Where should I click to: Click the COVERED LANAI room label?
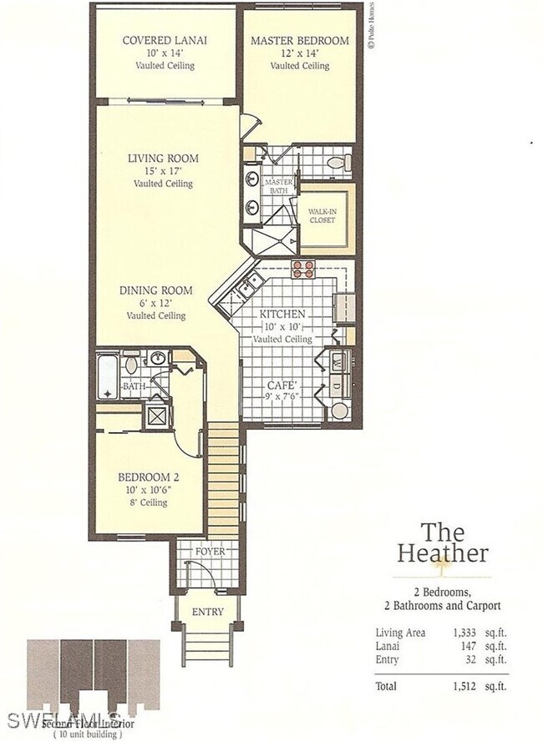click(x=165, y=40)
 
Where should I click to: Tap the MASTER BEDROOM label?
click(x=299, y=40)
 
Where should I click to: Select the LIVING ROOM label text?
click(x=163, y=159)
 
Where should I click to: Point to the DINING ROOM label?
click(x=155, y=290)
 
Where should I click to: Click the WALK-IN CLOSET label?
click(x=322, y=216)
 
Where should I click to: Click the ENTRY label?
click(x=206, y=612)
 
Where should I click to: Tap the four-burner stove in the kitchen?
click(x=302, y=269)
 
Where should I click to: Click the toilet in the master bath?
click(x=336, y=162)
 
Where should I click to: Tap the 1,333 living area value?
click(x=464, y=633)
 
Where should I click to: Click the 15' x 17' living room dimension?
click(x=163, y=171)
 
